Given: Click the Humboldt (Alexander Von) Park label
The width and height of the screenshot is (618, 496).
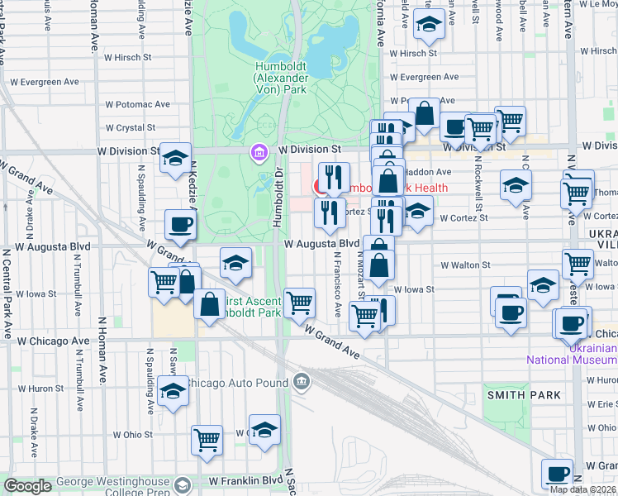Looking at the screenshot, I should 283,77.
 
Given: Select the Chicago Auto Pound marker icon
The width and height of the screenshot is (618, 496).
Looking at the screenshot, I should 302,381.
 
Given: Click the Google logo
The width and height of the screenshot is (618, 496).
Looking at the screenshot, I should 27,486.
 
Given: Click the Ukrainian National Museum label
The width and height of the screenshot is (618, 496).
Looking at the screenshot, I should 570,354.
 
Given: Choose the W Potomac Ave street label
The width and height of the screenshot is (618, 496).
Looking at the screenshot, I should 137,105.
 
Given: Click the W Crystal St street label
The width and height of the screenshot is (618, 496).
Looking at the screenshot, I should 131,128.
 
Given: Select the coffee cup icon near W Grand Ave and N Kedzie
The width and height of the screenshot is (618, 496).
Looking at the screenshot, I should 180,223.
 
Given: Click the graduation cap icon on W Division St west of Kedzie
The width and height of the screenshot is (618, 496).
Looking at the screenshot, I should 175,157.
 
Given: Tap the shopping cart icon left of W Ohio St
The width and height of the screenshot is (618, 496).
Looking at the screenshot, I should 207,438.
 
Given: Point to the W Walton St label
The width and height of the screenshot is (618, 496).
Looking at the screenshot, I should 465,265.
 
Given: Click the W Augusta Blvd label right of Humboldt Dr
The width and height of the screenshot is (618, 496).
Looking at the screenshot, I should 321,244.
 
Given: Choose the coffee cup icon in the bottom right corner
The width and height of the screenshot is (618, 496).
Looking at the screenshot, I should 558,473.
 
